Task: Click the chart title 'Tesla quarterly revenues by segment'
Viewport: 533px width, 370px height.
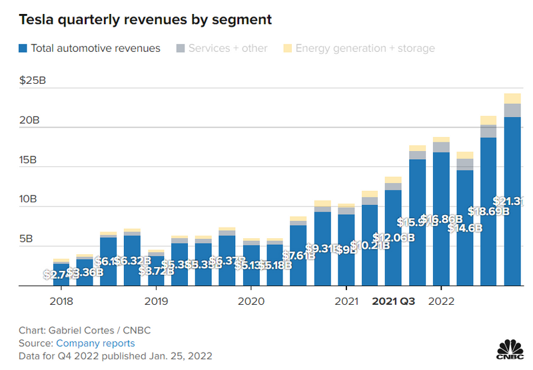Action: tap(145, 19)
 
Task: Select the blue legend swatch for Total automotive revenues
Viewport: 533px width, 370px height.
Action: tap(23, 48)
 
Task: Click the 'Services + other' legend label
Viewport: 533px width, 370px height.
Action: tap(228, 48)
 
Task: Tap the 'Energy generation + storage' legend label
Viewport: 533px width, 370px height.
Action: tap(364, 48)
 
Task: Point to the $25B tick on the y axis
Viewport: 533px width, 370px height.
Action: tap(33, 81)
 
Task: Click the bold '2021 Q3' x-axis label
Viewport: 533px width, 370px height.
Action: tap(394, 301)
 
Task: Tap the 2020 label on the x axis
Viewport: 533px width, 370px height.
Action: tap(251, 301)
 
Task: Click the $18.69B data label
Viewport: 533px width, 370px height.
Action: tap(489, 211)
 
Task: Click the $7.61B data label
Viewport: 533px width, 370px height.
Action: tap(298, 255)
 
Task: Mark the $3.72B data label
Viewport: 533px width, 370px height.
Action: tap(155, 271)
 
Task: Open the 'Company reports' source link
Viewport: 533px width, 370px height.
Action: tap(95, 343)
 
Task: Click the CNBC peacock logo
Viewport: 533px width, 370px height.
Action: tap(511, 348)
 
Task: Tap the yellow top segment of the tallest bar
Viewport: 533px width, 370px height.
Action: tap(512, 98)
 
